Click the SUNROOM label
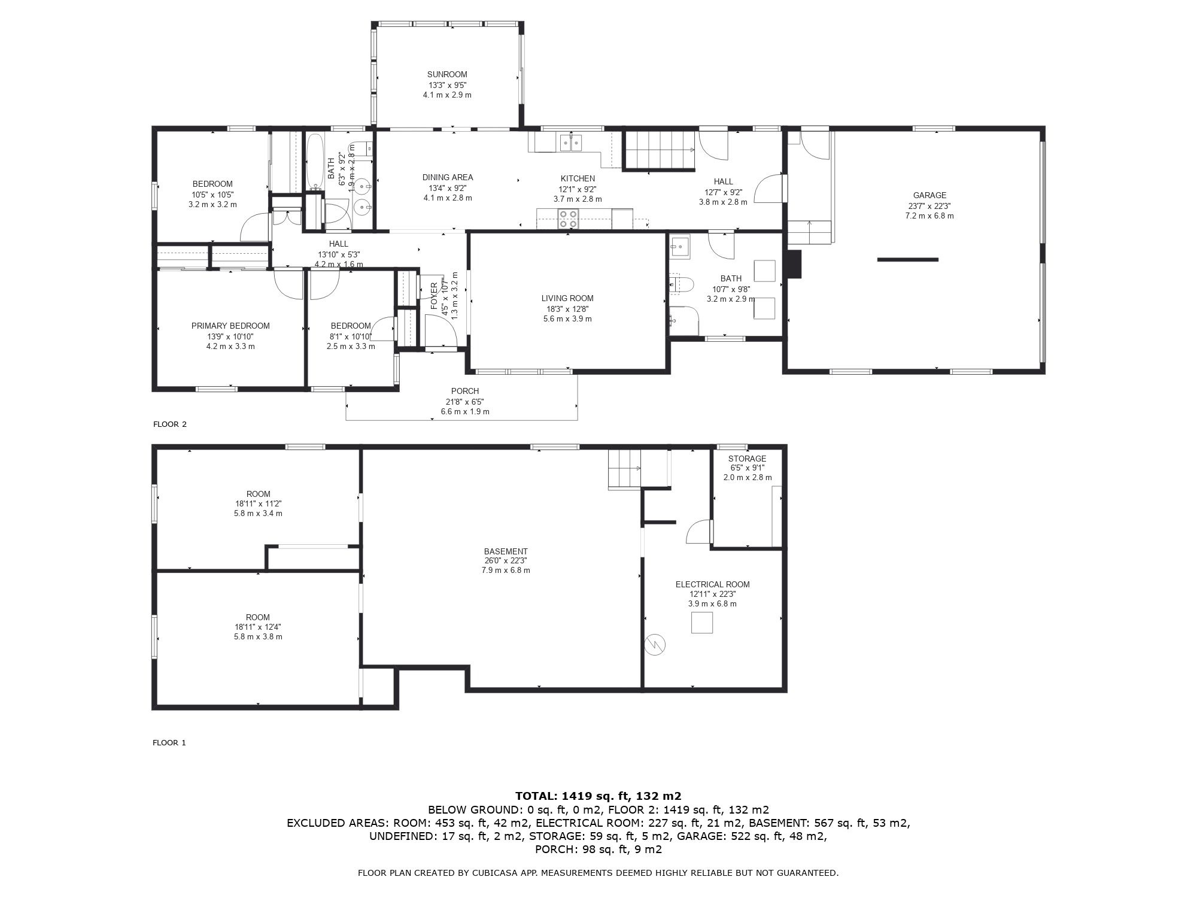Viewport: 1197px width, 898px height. point(447,75)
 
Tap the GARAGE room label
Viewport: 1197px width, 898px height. point(929,195)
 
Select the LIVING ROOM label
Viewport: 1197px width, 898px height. point(567,298)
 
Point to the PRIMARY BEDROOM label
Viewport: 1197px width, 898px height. point(230,326)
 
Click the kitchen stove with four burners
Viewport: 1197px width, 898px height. point(568,219)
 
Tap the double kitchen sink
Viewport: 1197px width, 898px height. point(570,142)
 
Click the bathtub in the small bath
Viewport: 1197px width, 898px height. point(315,161)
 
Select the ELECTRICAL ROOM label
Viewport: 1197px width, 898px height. point(712,584)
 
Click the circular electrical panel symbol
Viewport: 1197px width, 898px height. point(655,644)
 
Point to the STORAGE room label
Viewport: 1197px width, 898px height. point(747,459)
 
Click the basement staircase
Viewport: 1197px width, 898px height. point(625,469)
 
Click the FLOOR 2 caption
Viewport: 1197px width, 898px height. point(170,424)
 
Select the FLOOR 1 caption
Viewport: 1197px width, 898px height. point(169,743)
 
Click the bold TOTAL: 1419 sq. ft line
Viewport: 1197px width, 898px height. point(598,796)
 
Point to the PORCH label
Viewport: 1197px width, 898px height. point(465,391)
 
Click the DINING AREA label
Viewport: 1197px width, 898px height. point(448,177)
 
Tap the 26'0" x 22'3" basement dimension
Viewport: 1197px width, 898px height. point(506,561)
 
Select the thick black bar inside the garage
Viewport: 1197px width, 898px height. point(908,259)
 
